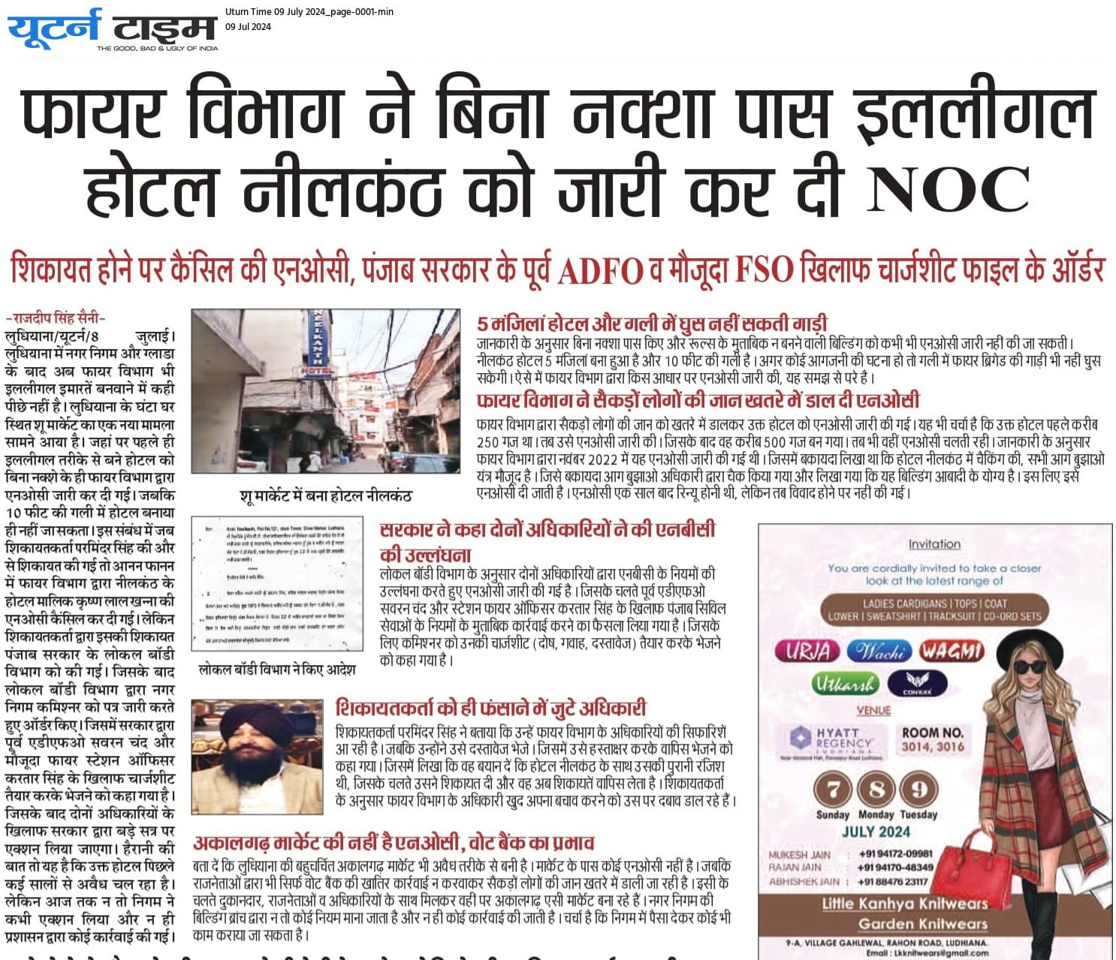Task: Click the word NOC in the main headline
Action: pos(948,188)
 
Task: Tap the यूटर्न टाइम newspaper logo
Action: pos(113,29)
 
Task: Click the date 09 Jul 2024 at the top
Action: pos(248,27)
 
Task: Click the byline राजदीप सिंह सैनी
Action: pos(56,318)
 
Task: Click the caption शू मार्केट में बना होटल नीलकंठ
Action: pos(325,496)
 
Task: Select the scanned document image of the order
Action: pos(277,583)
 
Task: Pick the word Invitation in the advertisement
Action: pos(934,544)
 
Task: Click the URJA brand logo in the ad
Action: pos(807,650)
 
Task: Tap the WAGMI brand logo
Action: pos(952,650)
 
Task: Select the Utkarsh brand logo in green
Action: pos(843,684)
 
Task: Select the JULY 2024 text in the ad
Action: pos(876,832)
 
